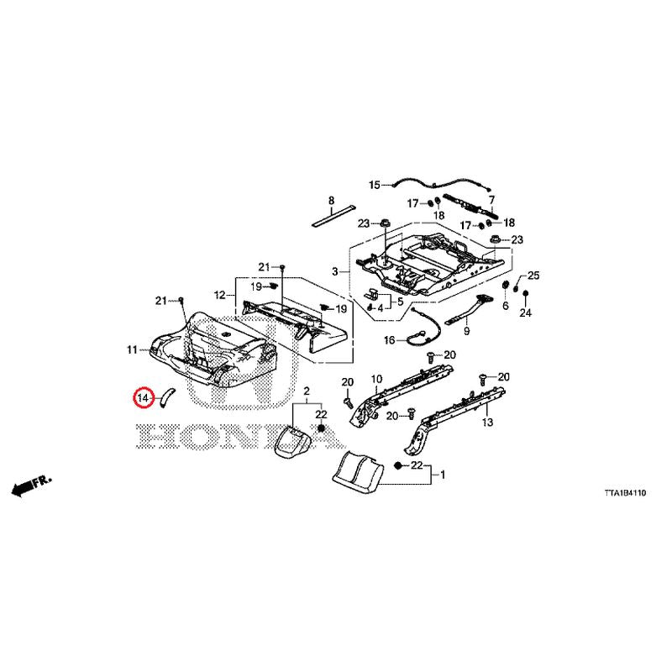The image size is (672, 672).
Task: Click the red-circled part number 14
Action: pos(143,398)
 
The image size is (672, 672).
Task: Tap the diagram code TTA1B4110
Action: pos(625,493)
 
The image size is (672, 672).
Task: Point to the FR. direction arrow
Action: pos(31,485)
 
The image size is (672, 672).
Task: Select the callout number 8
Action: pos(331,200)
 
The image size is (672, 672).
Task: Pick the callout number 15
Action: pos(375,185)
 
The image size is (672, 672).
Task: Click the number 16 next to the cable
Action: pos(389,340)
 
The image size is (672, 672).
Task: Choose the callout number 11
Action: pos(132,349)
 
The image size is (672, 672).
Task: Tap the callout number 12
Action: pos(219,295)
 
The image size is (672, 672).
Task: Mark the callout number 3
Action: pos(335,271)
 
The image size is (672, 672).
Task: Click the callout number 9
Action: pos(467,331)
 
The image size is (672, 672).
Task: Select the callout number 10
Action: pos(376,379)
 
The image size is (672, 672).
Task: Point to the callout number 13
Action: pos(488,423)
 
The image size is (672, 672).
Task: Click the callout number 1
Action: pos(443,475)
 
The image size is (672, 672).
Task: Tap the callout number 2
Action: pos(307,391)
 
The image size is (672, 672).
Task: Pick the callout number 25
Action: pos(533,276)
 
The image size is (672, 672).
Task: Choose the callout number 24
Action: pos(526,312)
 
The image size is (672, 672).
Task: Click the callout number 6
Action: pos(506,305)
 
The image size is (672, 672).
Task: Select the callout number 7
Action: pos(491,200)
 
